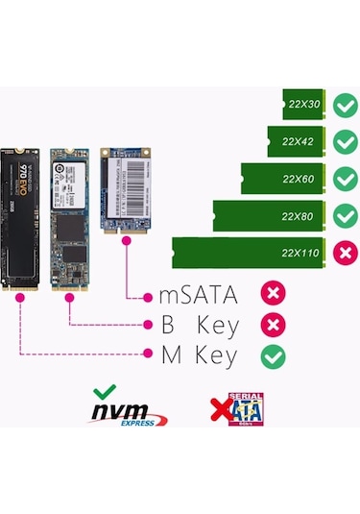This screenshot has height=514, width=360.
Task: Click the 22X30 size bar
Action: tap(306, 104)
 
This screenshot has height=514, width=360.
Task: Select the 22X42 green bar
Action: tap(297, 141)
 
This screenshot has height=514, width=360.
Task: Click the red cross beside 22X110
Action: tap(343, 253)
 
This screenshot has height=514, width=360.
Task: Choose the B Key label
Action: tap(198, 325)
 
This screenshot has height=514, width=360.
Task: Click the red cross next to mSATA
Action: tap(274, 293)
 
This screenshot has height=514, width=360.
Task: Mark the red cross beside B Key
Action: tap(274, 325)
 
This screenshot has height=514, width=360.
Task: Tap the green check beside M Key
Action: tap(274, 356)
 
